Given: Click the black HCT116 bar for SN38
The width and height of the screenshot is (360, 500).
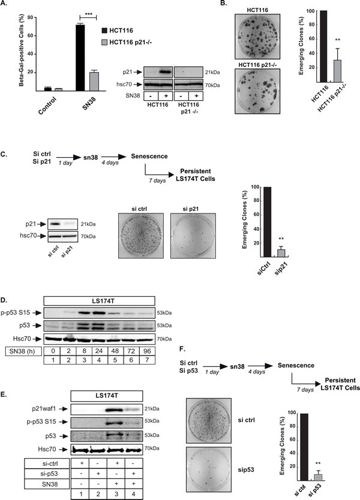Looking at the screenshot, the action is pos(80,58).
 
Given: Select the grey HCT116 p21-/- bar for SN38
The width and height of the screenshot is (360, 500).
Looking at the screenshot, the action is pos(94,82).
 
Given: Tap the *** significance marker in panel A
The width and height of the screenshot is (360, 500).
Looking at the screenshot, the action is pos(88,14).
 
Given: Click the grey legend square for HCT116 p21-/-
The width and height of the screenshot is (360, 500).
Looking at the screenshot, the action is pos(104,42).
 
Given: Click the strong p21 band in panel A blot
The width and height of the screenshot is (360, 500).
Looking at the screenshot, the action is pos(165,72).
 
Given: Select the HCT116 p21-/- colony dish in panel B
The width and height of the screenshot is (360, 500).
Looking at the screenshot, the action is pos(257,91).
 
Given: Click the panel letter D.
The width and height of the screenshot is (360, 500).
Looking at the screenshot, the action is pos(4,300).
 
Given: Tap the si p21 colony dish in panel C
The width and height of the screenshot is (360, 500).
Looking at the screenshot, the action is pos(193,236).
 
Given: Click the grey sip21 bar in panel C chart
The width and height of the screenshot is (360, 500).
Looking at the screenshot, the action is pos(281,253).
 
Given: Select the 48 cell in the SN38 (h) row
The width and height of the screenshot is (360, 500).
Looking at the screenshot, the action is pos(115,351).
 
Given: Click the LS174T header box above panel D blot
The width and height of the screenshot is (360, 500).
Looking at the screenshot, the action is pos(99,301).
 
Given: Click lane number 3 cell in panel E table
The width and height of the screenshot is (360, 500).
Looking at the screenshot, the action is pos(116,494).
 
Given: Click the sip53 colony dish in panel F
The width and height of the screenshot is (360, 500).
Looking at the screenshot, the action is pos(208,469).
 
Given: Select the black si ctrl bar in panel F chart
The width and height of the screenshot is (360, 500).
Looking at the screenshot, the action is pos(304,447).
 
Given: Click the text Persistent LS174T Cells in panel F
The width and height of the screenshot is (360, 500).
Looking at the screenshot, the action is pos(340,384).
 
